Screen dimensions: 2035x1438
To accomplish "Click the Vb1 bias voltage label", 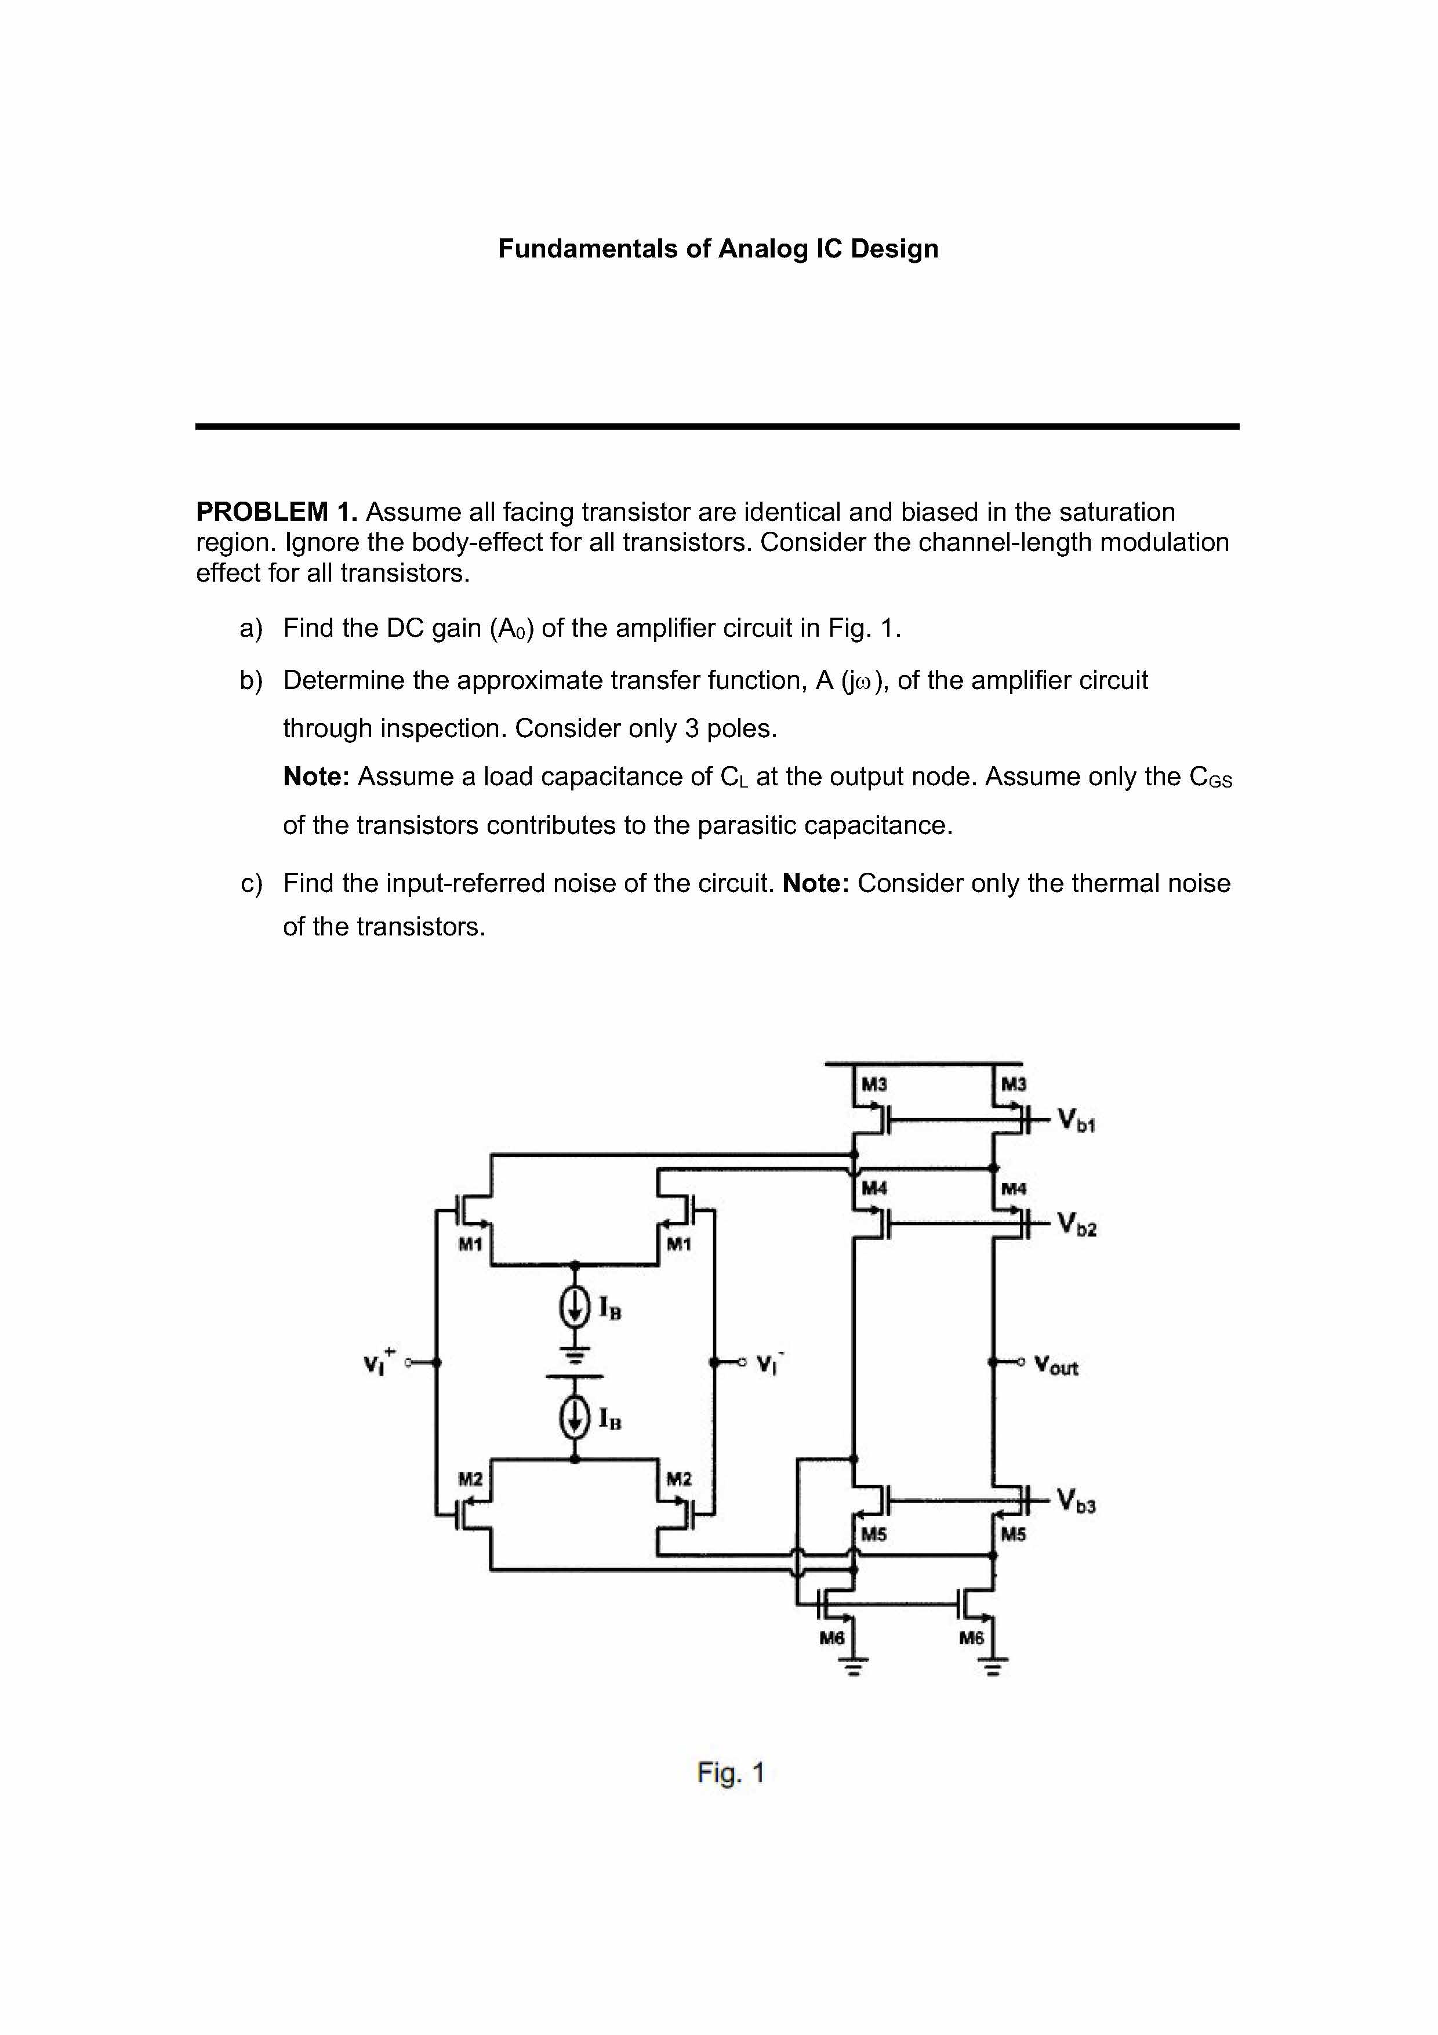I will [1076, 1120].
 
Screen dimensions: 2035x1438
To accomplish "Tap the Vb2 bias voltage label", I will [1077, 1226].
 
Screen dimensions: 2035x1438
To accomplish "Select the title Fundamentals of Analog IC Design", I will [718, 248].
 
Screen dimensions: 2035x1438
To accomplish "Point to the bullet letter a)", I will [250, 629].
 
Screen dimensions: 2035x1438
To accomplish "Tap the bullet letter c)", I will [250, 884].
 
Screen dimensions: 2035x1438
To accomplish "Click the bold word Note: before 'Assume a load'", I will [317, 777].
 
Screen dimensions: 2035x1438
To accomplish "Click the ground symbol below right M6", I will [993, 1669].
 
